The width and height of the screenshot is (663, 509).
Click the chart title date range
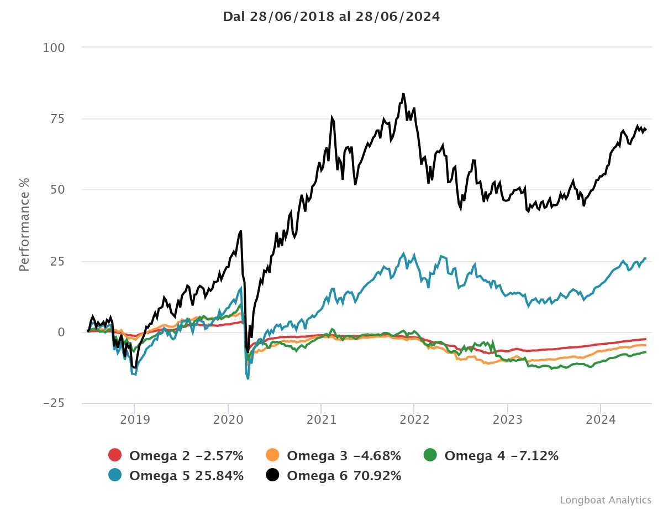click(331, 17)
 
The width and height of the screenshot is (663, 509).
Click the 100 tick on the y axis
click(54, 48)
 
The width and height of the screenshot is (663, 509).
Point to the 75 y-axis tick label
click(57, 119)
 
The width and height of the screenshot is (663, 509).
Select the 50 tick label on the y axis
click(57, 190)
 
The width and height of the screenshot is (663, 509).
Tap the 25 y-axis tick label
click(57, 261)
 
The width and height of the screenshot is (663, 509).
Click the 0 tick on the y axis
click(62, 332)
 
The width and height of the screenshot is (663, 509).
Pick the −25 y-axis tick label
click(54, 403)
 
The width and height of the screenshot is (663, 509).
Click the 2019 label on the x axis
click(134, 419)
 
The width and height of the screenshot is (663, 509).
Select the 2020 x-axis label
click(228, 419)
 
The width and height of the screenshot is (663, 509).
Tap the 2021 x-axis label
click(321, 419)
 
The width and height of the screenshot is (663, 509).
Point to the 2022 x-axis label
click(414, 419)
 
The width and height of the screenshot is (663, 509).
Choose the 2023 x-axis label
click(508, 419)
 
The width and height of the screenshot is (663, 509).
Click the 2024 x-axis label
click(601, 419)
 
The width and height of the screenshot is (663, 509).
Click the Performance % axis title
click(24, 225)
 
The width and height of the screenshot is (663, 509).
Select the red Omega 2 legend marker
click(115, 456)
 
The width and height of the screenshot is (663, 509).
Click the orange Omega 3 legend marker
click(273, 456)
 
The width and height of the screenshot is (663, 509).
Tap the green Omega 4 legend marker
click(430, 456)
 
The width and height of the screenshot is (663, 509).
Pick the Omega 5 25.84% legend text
click(186, 476)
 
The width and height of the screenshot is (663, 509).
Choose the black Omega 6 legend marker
click(273, 476)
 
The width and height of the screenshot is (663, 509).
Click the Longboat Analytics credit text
click(606, 500)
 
